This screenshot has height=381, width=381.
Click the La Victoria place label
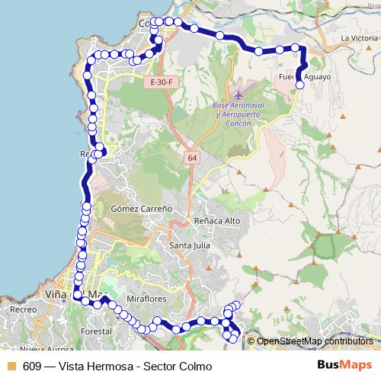click(x=359, y=37)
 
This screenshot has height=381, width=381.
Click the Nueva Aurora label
click(x=43, y=349)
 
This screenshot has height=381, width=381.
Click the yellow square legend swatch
click(x=11, y=366)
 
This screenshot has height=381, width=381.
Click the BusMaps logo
click(x=344, y=365)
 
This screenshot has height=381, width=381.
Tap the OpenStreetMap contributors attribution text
click(x=315, y=341)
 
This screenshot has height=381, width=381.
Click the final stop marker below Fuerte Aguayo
click(x=299, y=85)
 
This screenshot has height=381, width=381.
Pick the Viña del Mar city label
click(x=72, y=294)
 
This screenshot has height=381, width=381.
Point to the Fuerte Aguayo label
click(x=305, y=77)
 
